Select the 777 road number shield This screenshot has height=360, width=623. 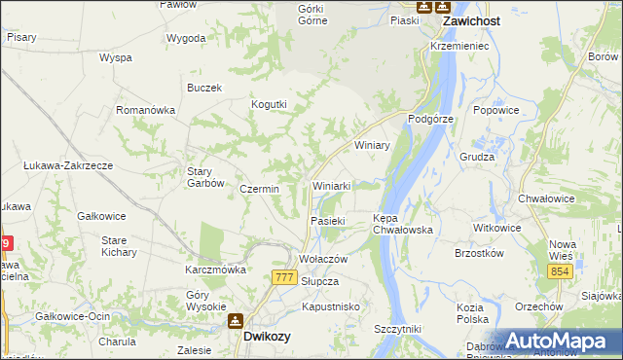point(284,278)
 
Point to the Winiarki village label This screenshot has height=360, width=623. point(337,185)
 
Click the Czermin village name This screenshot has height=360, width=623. point(259,189)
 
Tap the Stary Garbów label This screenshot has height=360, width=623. point(206,177)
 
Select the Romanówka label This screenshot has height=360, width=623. point(145,110)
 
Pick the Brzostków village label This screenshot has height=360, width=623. point(479,253)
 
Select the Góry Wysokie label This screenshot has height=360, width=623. point(205,300)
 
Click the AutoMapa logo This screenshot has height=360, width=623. point(561,341)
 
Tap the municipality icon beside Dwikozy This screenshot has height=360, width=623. point(235,320)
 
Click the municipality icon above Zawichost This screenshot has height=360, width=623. point(424,6)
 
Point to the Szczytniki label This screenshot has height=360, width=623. point(397,330)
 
